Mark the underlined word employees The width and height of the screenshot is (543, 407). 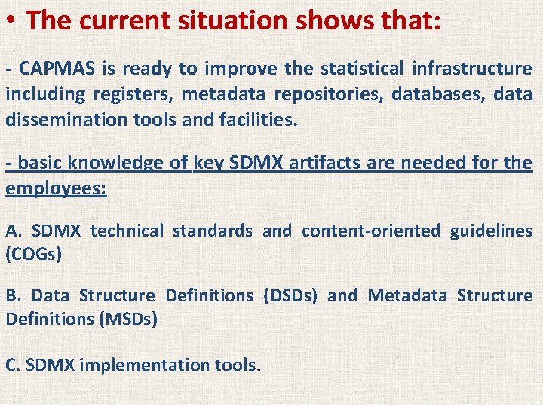[56, 188]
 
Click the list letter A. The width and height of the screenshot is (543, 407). [13, 231]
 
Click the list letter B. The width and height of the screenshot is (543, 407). [13, 296]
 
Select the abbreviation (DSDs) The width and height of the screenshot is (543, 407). [291, 296]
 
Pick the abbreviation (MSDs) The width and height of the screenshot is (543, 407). [128, 320]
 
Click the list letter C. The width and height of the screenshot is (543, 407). [13, 365]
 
